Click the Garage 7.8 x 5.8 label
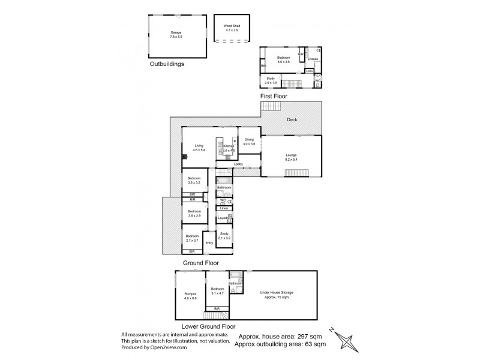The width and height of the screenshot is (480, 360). point(176,34)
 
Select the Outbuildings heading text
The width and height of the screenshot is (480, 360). point(167,63)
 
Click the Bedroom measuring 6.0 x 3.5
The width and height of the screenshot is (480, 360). point(283,60)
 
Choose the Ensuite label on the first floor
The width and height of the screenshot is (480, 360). point(313,59)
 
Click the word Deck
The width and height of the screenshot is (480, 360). point(291,120)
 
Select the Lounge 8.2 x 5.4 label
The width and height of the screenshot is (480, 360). point(290,157)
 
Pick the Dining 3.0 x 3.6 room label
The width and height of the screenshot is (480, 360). point(249,142)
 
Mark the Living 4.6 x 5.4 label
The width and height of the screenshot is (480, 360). point(199,148)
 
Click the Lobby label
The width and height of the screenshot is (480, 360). point(238,164)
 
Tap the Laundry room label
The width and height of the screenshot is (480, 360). point(223,218)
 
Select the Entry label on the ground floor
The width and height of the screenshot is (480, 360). point(209,242)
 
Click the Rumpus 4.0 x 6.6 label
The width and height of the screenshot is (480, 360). point(190,295)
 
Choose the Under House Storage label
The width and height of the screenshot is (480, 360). point(277,294)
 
